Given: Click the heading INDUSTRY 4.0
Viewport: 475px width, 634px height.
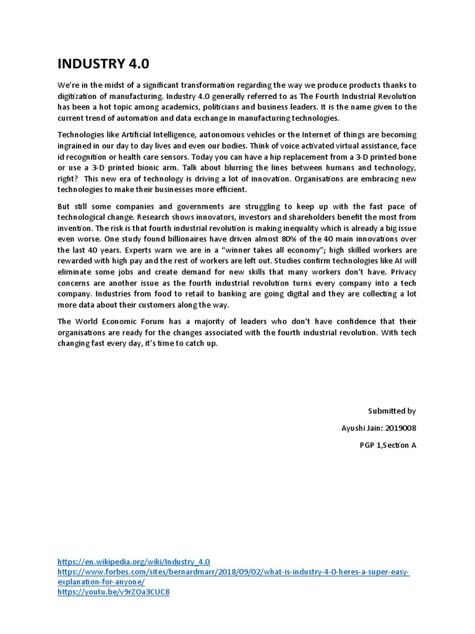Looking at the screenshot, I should pyautogui.click(x=103, y=64).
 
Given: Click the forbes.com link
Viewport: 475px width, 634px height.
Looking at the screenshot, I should pyautogui.click(x=234, y=571).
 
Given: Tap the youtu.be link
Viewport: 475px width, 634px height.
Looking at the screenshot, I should pyautogui.click(x=113, y=592).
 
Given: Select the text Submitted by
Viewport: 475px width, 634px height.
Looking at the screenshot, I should pyautogui.click(x=392, y=410).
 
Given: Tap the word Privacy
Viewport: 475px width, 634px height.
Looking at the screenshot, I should pyautogui.click(x=402, y=272).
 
